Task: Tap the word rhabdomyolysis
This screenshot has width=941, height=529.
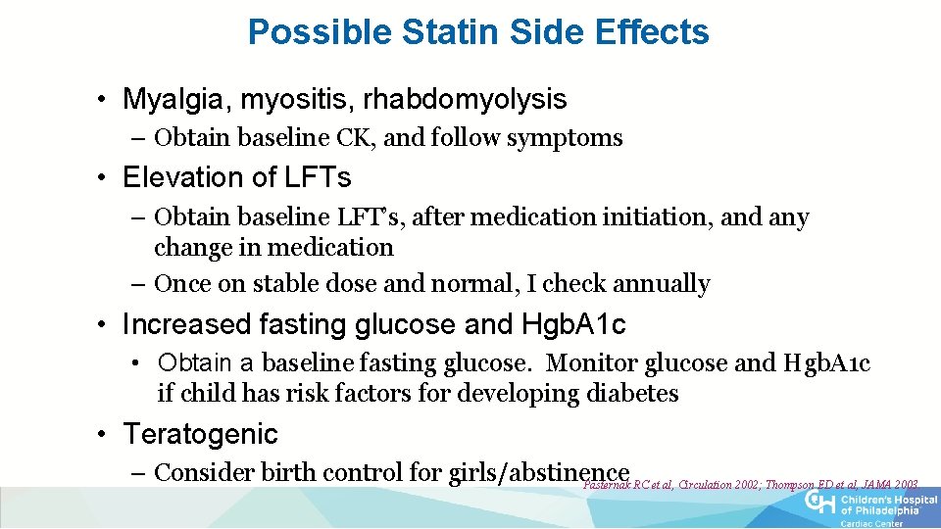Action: pyautogui.click(x=465, y=99)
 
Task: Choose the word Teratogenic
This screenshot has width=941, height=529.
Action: pyautogui.click(x=200, y=434)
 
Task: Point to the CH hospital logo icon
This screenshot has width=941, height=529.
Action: pyautogui.click(x=819, y=502)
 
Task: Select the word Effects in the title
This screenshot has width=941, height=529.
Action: pyautogui.click(x=652, y=32)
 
